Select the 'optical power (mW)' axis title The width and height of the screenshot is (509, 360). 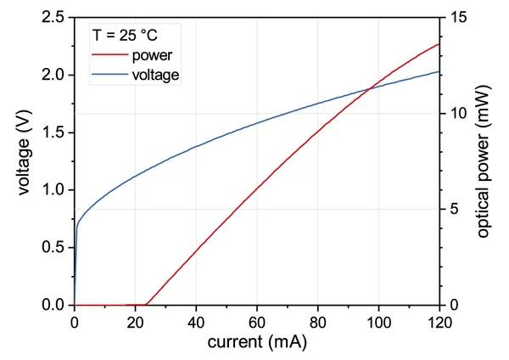[x=483, y=161]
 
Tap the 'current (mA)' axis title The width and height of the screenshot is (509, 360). [x=257, y=343]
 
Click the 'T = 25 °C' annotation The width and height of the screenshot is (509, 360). [x=124, y=36]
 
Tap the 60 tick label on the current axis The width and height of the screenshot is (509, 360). [x=257, y=323]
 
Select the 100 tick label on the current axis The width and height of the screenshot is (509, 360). [x=378, y=323]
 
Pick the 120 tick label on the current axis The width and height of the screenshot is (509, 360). [x=439, y=323]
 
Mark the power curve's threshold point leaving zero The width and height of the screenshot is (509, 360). [x=147, y=304]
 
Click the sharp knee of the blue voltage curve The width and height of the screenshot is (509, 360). [x=77, y=226]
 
